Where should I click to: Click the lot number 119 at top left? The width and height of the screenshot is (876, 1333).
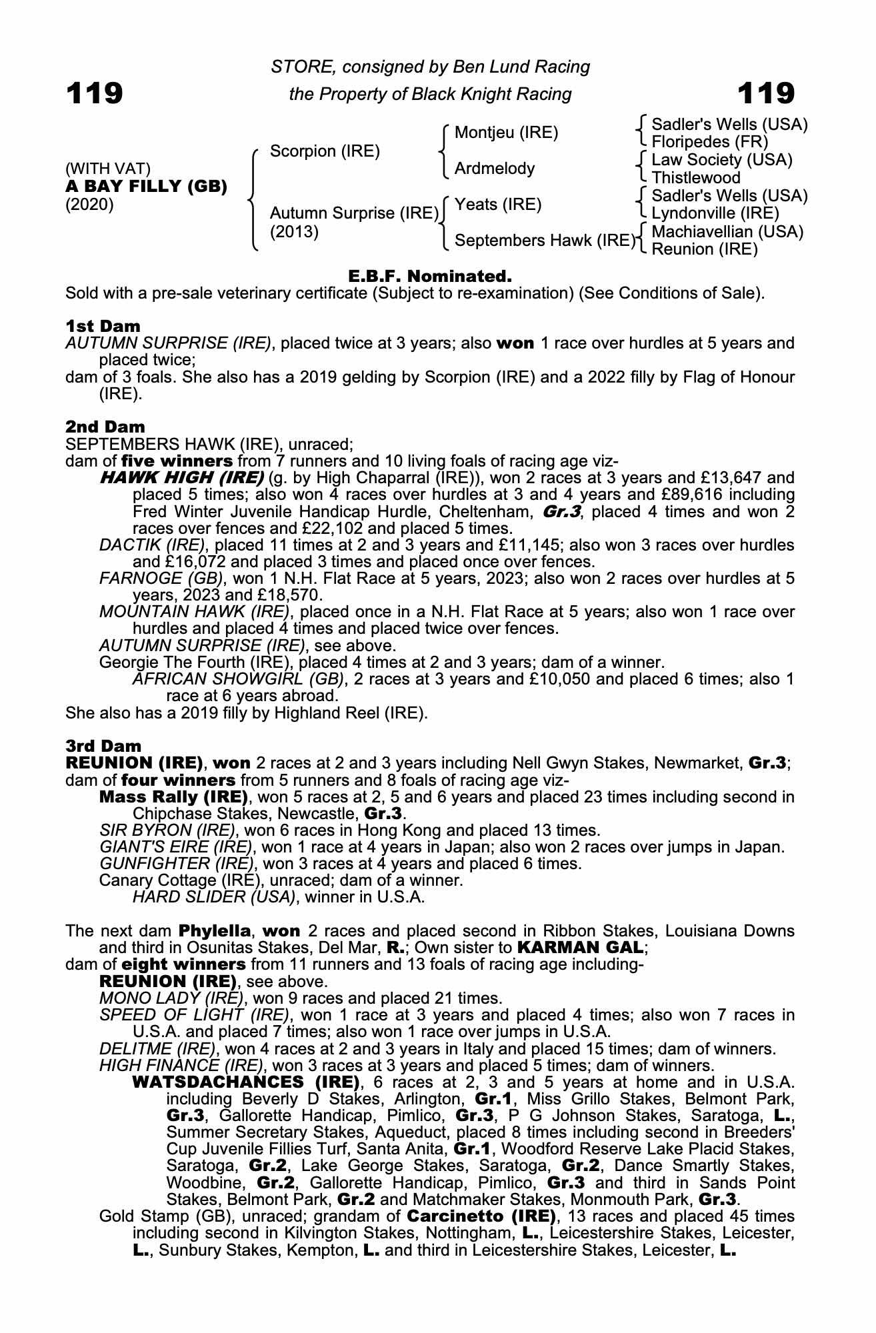[x=94, y=93]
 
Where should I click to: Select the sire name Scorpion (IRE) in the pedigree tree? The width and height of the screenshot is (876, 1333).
[x=325, y=151]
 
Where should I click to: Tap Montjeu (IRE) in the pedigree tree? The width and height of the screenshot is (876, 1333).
[x=506, y=133]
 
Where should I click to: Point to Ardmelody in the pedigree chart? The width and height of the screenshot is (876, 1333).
[x=494, y=169]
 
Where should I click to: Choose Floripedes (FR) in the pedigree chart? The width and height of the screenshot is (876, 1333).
[x=709, y=142]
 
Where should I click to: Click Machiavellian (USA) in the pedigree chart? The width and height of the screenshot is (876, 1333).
[x=727, y=231]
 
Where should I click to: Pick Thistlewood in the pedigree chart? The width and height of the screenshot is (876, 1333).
[x=695, y=178]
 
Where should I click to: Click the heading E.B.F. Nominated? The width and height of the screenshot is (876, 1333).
[x=430, y=276]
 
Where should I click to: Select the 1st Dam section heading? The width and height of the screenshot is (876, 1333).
[x=103, y=326]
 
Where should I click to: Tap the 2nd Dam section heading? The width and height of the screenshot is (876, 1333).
[x=105, y=426]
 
